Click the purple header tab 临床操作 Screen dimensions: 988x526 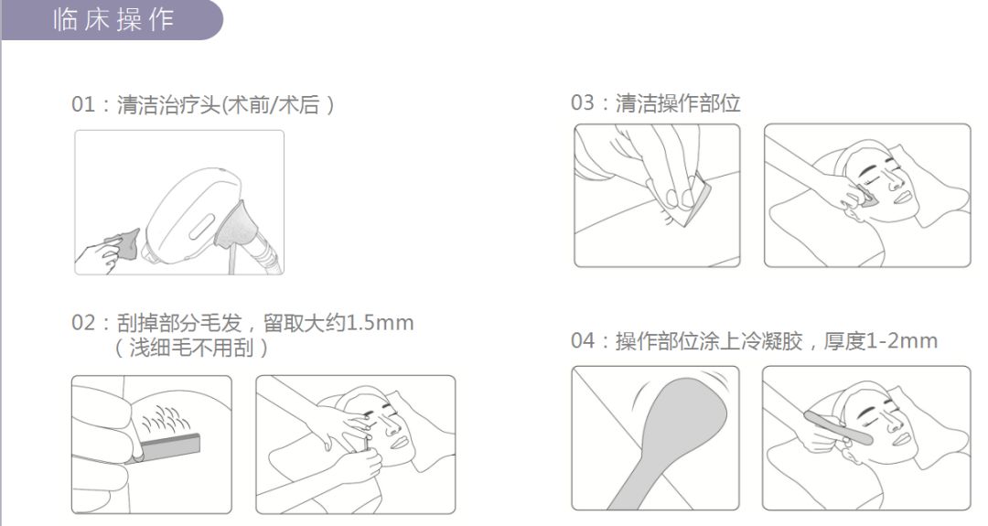click(112, 20)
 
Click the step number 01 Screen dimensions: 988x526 click(83, 104)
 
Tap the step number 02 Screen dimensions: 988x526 click(83, 323)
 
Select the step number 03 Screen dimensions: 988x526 click(582, 102)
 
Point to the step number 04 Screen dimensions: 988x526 click(583, 341)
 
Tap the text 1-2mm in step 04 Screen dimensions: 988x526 click(902, 341)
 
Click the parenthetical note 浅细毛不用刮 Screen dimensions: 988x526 click(191, 348)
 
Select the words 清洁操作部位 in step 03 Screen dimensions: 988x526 click(678, 103)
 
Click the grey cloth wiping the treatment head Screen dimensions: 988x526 click(125, 243)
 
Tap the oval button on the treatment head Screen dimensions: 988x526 click(201, 226)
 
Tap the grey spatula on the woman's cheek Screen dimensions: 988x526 click(837, 426)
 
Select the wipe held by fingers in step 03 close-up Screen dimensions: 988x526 click(678, 199)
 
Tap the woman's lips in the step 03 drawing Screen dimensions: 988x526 click(901, 198)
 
